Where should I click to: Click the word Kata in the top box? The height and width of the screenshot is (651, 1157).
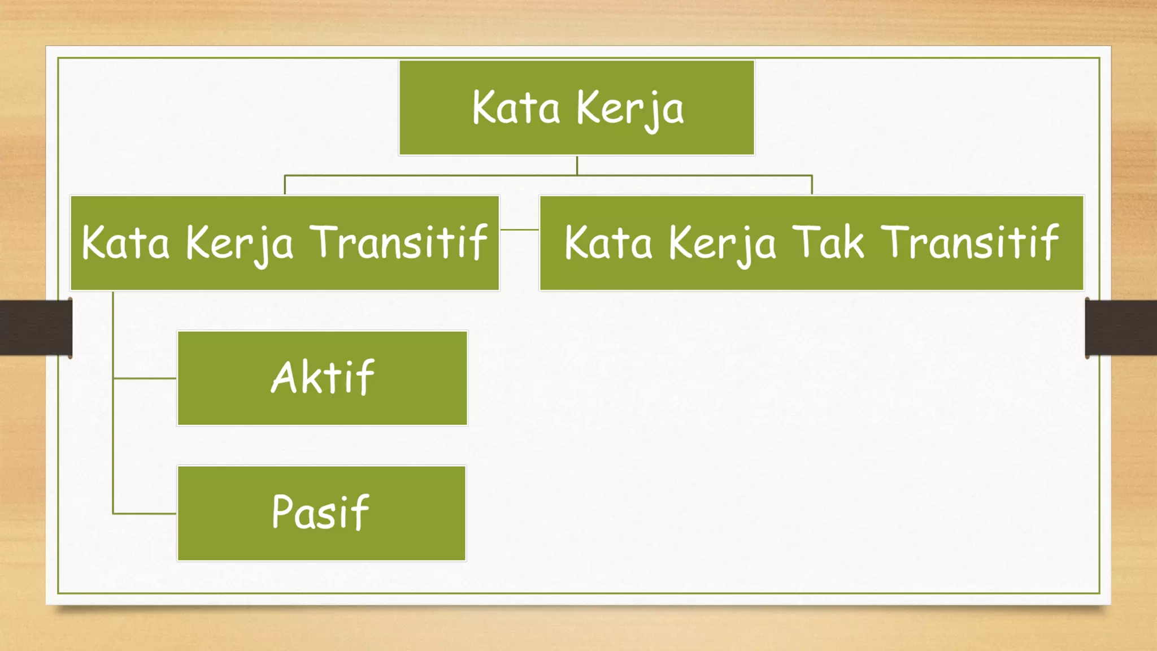pos(515,107)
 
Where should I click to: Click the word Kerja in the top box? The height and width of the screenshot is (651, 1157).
pos(629,108)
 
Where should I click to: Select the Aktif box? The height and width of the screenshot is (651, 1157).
pos(322,378)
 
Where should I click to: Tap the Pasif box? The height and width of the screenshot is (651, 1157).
pos(321,513)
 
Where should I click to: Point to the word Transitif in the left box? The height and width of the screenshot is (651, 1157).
pos(398,242)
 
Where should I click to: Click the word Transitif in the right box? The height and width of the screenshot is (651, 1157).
pos(969,242)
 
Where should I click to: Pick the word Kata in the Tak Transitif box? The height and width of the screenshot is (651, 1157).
pos(608,242)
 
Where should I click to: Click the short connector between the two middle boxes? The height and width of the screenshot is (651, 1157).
pos(519,229)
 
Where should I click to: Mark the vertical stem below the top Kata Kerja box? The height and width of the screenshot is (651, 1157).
pos(577,165)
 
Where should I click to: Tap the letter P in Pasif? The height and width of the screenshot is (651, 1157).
pos(282,511)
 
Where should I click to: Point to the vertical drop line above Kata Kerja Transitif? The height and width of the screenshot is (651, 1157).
pos(285,185)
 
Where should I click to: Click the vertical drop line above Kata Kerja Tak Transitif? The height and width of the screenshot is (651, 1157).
pos(812,185)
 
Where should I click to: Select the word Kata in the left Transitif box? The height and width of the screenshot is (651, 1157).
pos(125,242)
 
